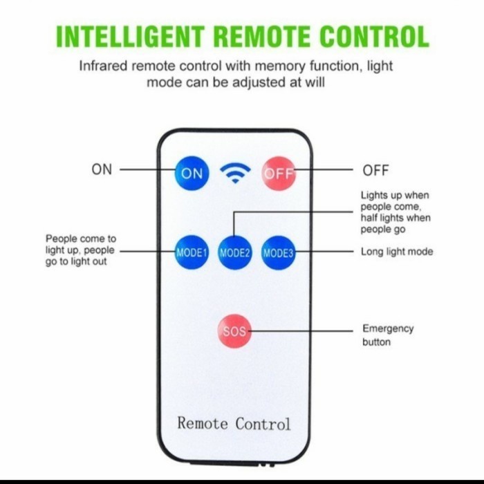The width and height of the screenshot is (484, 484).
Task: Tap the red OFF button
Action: click(x=279, y=173)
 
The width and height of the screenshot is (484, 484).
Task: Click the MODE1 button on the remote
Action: click(x=192, y=252)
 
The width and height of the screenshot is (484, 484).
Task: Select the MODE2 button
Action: click(x=235, y=252)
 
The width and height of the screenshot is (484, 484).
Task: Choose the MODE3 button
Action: click(x=279, y=252)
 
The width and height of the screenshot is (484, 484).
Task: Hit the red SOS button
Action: click(x=234, y=331)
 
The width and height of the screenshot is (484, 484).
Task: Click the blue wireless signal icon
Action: click(x=235, y=173)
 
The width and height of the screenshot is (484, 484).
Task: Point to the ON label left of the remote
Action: click(x=102, y=169)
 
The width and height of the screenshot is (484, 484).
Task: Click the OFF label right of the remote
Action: click(x=375, y=170)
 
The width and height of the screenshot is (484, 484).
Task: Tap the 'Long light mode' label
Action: click(x=397, y=252)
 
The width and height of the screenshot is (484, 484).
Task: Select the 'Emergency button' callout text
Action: click(x=387, y=335)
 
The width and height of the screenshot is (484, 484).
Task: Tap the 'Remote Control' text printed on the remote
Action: click(x=234, y=423)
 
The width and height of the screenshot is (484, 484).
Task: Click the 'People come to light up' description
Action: click(x=80, y=250)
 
